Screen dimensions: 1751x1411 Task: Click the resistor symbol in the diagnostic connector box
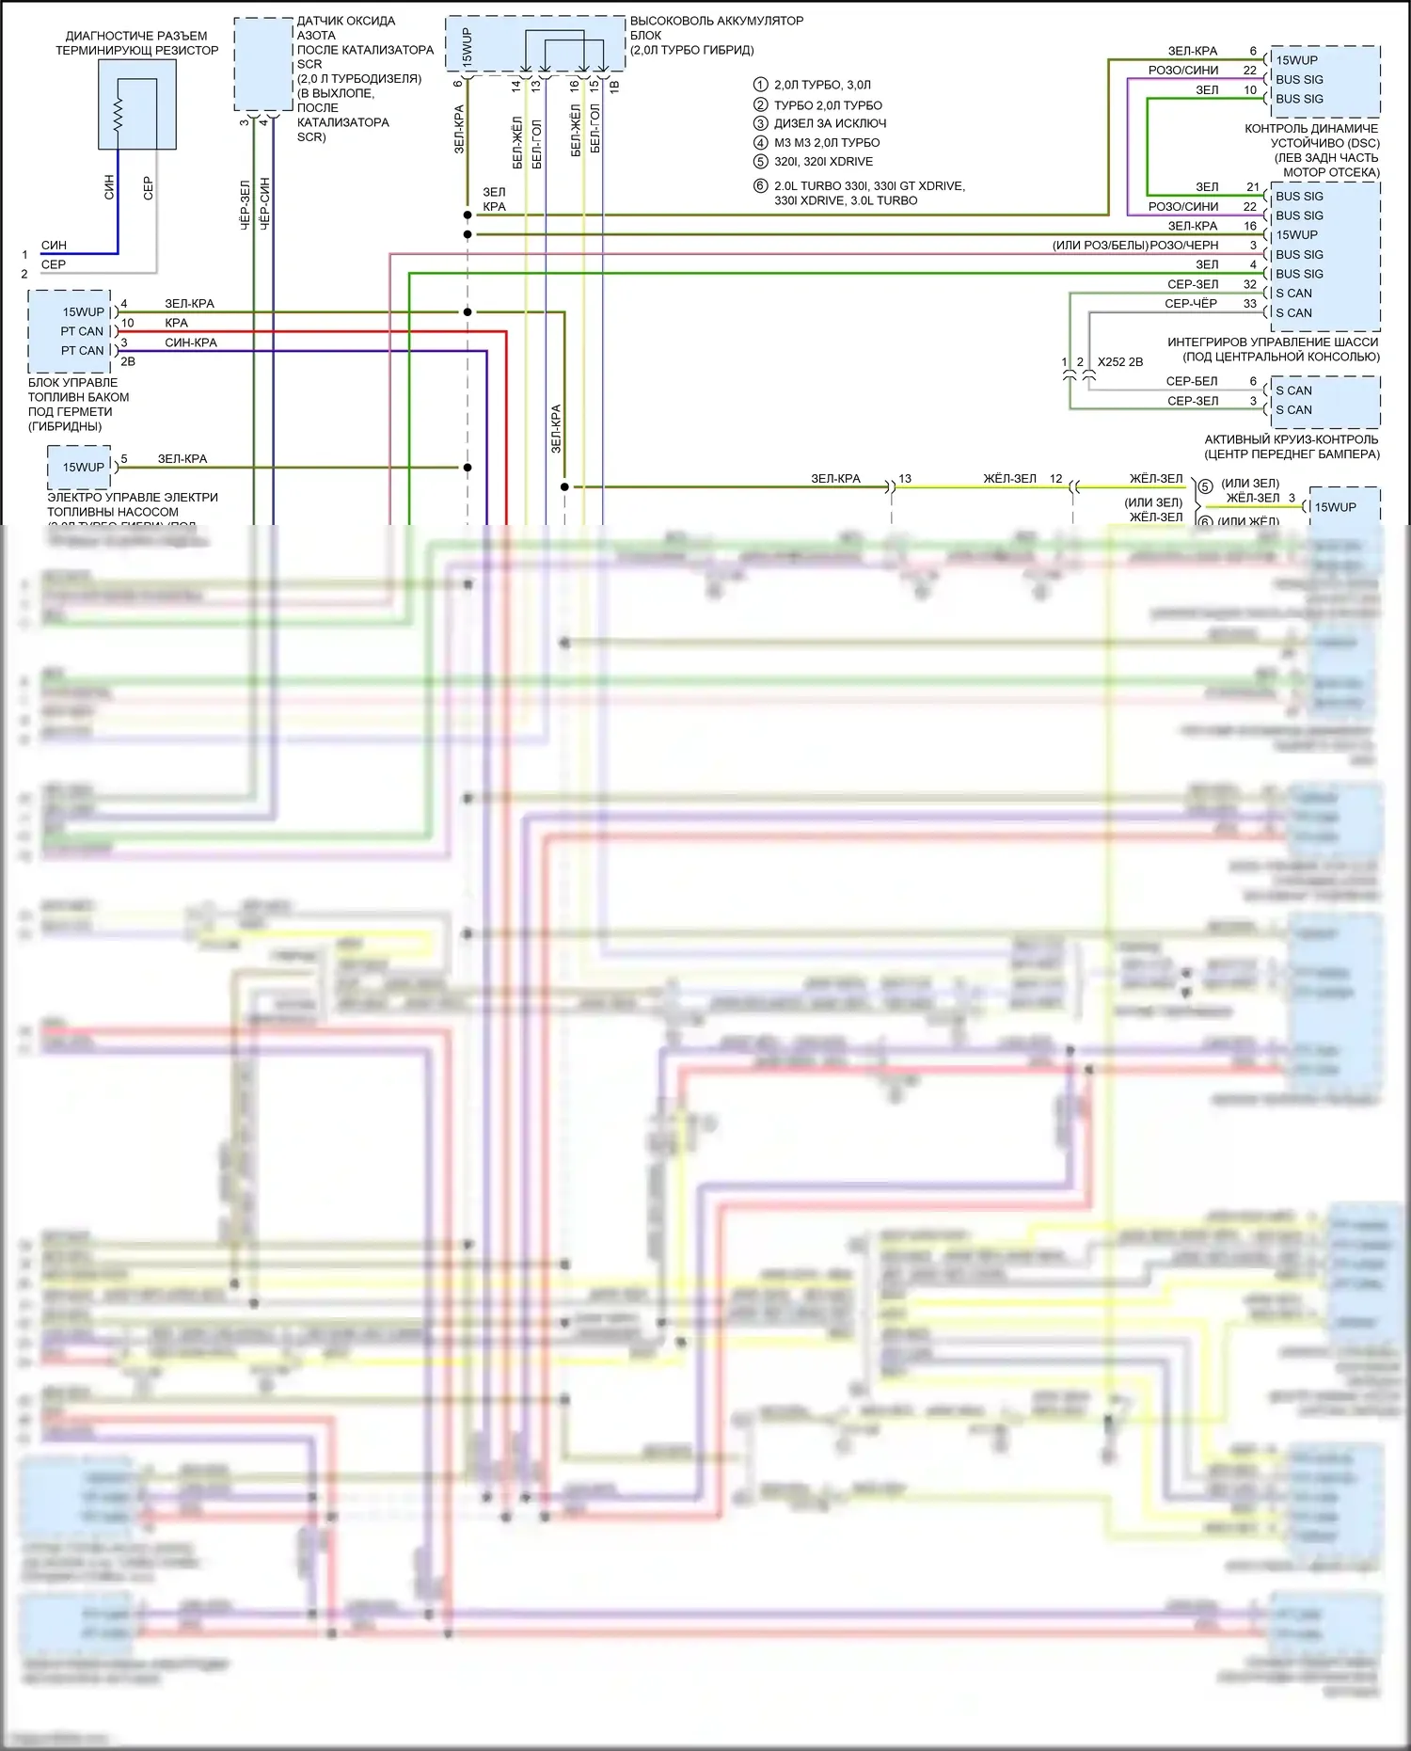pyautogui.click(x=119, y=116)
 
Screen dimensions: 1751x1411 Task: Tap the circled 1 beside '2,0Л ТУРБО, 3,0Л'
pyautogui.click(x=761, y=85)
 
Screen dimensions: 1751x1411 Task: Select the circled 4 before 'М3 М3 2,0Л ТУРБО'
pyautogui.click(x=761, y=143)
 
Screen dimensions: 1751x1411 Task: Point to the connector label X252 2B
pyautogui.click(x=1119, y=361)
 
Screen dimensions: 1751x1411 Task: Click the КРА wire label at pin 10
pyautogui.click(x=176, y=323)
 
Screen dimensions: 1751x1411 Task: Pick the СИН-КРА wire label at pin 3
pyautogui.click(x=191, y=342)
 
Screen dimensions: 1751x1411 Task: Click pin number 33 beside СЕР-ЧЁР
pyautogui.click(x=1249, y=304)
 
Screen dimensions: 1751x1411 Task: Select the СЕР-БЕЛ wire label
pyautogui.click(x=1192, y=381)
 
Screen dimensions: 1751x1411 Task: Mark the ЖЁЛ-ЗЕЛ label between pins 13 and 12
pyautogui.click(x=1009, y=479)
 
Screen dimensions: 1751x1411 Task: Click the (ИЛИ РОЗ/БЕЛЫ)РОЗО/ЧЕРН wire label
pyautogui.click(x=1135, y=246)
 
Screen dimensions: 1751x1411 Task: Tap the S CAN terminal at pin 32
pyautogui.click(x=1293, y=294)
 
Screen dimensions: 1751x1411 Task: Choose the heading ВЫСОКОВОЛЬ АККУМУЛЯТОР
pyautogui.click(x=717, y=21)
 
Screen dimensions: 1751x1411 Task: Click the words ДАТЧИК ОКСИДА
pyautogui.click(x=346, y=21)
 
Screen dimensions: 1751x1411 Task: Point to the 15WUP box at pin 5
pyautogui.click(x=83, y=467)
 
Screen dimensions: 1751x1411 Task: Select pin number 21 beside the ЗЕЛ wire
pyautogui.click(x=1253, y=187)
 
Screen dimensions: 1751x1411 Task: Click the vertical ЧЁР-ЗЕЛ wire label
pyautogui.click(x=246, y=205)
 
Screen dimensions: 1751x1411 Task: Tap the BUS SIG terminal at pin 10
pyautogui.click(x=1299, y=99)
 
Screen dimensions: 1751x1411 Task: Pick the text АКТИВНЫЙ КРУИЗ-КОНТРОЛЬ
pyautogui.click(x=1291, y=439)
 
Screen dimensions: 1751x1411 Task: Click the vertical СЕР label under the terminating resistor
pyautogui.click(x=148, y=188)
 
